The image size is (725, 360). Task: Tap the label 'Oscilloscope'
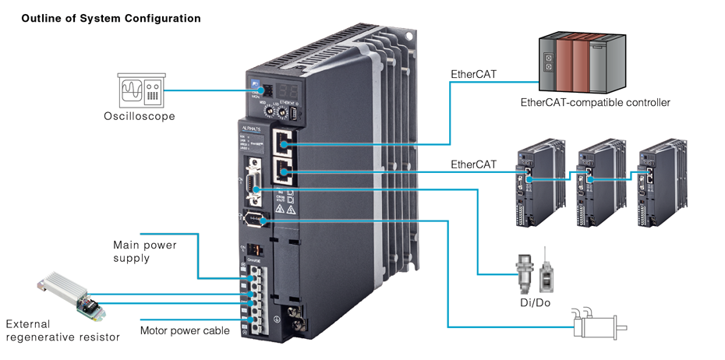click(140, 117)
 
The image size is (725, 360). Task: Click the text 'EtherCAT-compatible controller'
click(595, 102)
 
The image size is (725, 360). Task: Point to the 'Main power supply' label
click(145, 251)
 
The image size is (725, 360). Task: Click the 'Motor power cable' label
click(185, 330)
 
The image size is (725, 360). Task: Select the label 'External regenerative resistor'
click(62, 330)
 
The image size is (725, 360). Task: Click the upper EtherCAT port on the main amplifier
click(285, 144)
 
